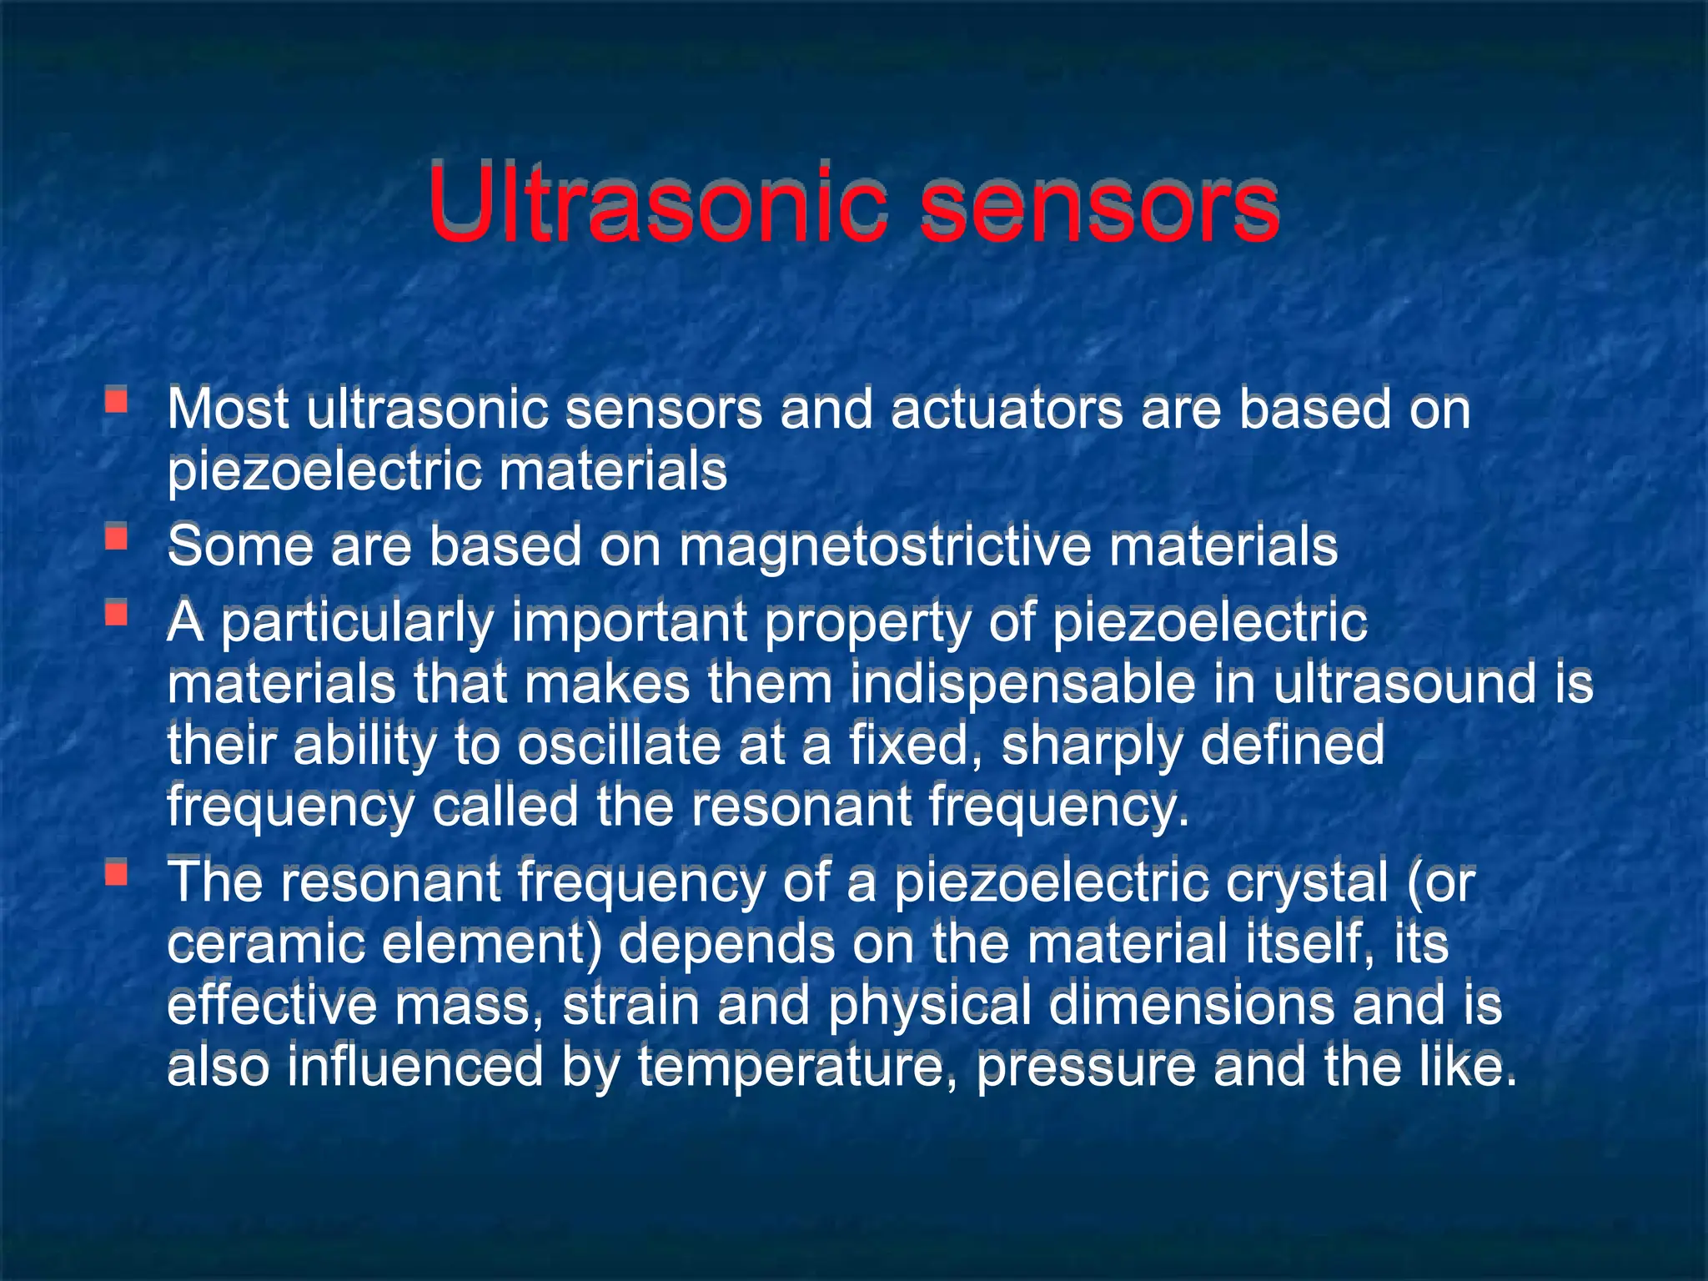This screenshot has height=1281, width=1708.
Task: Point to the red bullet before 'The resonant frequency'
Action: coord(116,872)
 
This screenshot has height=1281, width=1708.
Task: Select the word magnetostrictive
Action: coord(885,547)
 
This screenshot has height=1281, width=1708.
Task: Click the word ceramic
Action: coord(266,944)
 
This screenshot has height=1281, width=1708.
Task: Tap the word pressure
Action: coord(1085,1067)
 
